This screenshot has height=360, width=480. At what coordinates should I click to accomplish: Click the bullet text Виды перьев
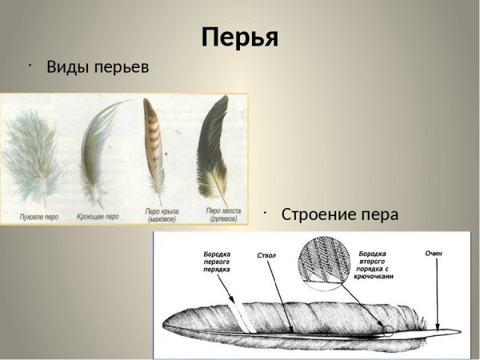pos(98,66)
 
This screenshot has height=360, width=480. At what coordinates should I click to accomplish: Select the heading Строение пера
pos(339,214)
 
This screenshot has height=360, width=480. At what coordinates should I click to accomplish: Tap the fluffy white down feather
pos(37,160)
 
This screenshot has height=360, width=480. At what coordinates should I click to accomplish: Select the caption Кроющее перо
pos(98,216)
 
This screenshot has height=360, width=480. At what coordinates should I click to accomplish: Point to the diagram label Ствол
pos(267,256)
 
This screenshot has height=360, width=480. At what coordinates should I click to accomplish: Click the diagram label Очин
pos(434,254)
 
